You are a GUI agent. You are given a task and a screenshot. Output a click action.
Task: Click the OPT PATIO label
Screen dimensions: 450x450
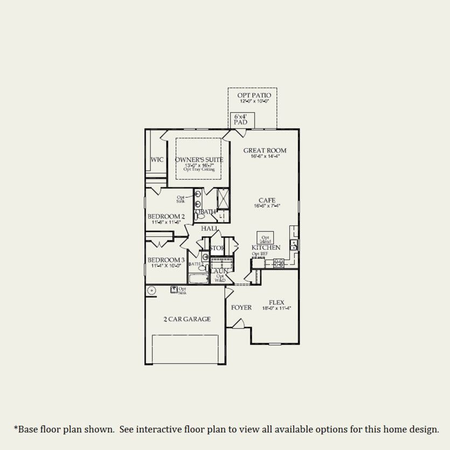252,95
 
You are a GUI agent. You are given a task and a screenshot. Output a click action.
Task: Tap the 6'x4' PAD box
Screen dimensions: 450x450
240,120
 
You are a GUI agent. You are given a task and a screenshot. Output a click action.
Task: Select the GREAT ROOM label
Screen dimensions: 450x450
264,150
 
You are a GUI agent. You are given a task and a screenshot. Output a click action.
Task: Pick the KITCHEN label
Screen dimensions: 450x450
266,247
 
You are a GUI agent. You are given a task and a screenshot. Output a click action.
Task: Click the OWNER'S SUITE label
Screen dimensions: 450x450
199,160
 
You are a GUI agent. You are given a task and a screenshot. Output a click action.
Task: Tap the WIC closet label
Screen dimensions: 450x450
157,160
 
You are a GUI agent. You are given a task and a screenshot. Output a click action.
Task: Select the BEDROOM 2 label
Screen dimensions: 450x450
166,217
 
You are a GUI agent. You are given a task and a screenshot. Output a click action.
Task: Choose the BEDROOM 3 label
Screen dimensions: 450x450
166,260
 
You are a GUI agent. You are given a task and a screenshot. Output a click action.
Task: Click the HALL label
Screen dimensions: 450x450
209,229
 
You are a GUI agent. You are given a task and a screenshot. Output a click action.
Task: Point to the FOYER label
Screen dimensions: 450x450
241,308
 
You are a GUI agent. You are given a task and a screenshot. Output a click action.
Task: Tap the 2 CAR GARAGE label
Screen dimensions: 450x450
187,319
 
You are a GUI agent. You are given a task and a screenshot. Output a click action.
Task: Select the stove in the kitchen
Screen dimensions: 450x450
279,263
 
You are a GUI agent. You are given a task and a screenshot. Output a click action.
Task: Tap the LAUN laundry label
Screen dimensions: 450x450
220,271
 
